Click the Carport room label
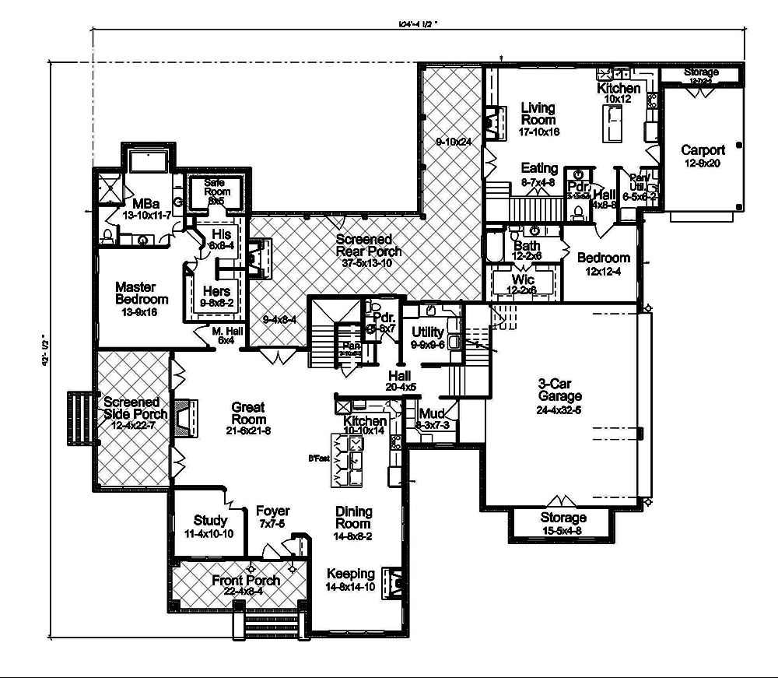(703, 150)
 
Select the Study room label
(210, 520)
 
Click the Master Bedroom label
(141, 293)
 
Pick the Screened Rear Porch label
(369, 245)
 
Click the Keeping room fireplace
(396, 580)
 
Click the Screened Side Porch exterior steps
(79, 416)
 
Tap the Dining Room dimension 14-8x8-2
(354, 536)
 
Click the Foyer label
(272, 511)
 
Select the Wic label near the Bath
(523, 279)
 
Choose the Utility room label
(427, 332)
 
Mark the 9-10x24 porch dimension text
(454, 142)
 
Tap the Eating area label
(539, 168)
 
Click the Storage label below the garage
(563, 518)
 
